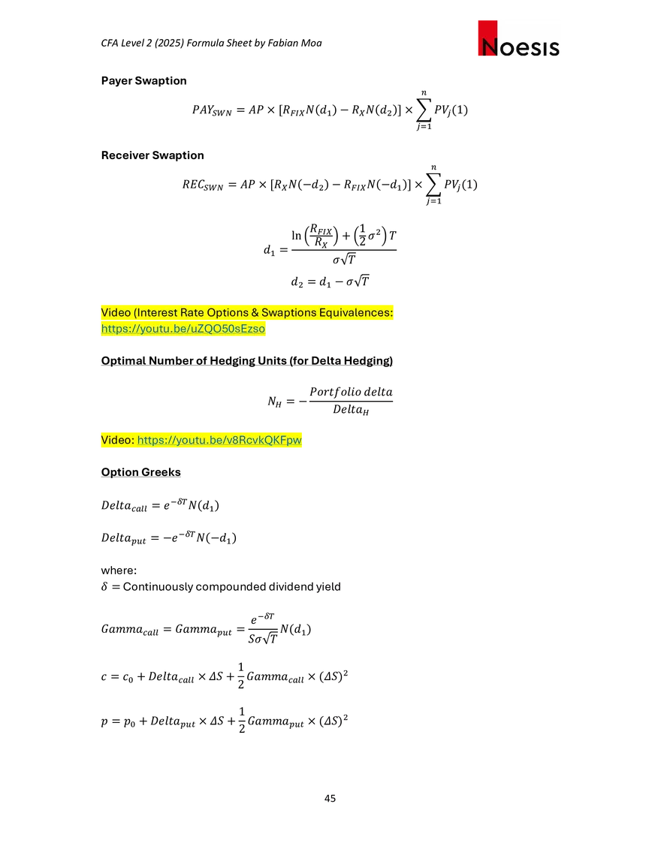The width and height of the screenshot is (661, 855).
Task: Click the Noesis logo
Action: click(519, 39)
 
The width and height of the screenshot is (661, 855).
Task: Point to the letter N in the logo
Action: click(490, 49)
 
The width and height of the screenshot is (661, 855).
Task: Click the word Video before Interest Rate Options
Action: click(116, 312)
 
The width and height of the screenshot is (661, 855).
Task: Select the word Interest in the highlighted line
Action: click(158, 312)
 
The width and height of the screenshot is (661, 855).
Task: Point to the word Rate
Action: click(193, 312)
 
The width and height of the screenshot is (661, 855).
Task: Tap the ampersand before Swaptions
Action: click(255, 312)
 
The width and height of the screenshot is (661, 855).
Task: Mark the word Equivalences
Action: click(355, 312)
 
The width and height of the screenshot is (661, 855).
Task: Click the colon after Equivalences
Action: click(392, 312)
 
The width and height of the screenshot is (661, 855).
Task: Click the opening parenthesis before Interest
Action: click(135, 312)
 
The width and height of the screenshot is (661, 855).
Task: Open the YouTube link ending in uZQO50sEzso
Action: click(183, 329)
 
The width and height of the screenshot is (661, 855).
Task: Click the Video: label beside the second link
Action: click(117, 440)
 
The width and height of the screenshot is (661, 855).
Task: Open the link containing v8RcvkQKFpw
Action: click(221, 440)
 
